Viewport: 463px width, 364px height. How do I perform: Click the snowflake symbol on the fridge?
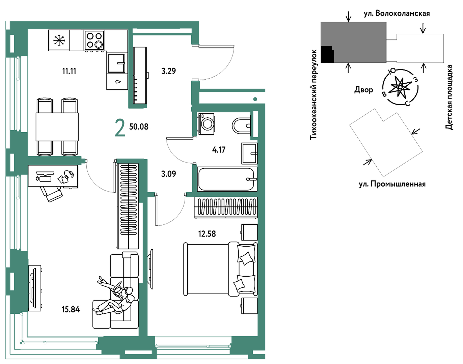pos(59,40)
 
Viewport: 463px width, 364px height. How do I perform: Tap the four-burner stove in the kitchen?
pos(94,40)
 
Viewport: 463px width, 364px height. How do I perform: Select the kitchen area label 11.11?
pos(69,71)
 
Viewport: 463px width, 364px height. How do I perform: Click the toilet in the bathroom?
pos(241,125)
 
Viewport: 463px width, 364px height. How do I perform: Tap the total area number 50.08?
pos(139,127)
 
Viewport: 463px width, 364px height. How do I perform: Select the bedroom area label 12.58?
pos(207,234)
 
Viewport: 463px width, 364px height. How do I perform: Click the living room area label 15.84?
pos(71,310)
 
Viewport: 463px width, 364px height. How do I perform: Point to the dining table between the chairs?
pos(57,127)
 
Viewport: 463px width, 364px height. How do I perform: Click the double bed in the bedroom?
pos(220,269)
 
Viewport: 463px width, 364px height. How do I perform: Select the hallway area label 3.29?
pos(168,71)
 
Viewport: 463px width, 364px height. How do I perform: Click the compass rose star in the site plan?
pos(400,87)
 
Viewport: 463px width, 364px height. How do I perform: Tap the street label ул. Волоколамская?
pos(397,13)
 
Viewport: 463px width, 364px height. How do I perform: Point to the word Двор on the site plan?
pos(363,90)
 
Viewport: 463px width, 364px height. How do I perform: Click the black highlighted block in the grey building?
pos(327,54)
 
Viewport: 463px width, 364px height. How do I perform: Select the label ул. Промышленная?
pos(392,185)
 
